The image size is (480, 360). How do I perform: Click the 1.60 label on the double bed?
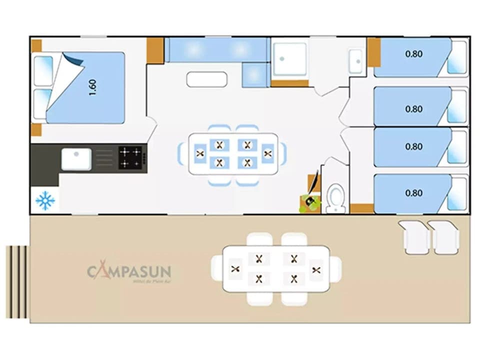[92, 87]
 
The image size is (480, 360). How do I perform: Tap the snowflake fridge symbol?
[45, 200]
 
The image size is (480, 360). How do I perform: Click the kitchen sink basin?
[76, 159]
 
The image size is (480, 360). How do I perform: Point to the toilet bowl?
[336, 198]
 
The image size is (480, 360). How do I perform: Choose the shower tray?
[289, 59]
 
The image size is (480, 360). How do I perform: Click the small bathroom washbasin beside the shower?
[356, 60]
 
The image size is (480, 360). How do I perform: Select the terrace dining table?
[276, 268]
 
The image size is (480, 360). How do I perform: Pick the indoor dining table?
[233, 153]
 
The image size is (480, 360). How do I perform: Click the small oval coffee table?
[206, 79]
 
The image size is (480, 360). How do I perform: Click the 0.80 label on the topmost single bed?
[413, 54]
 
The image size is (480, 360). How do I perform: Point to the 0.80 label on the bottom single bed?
[413, 192]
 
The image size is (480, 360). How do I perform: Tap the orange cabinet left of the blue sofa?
[155, 50]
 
